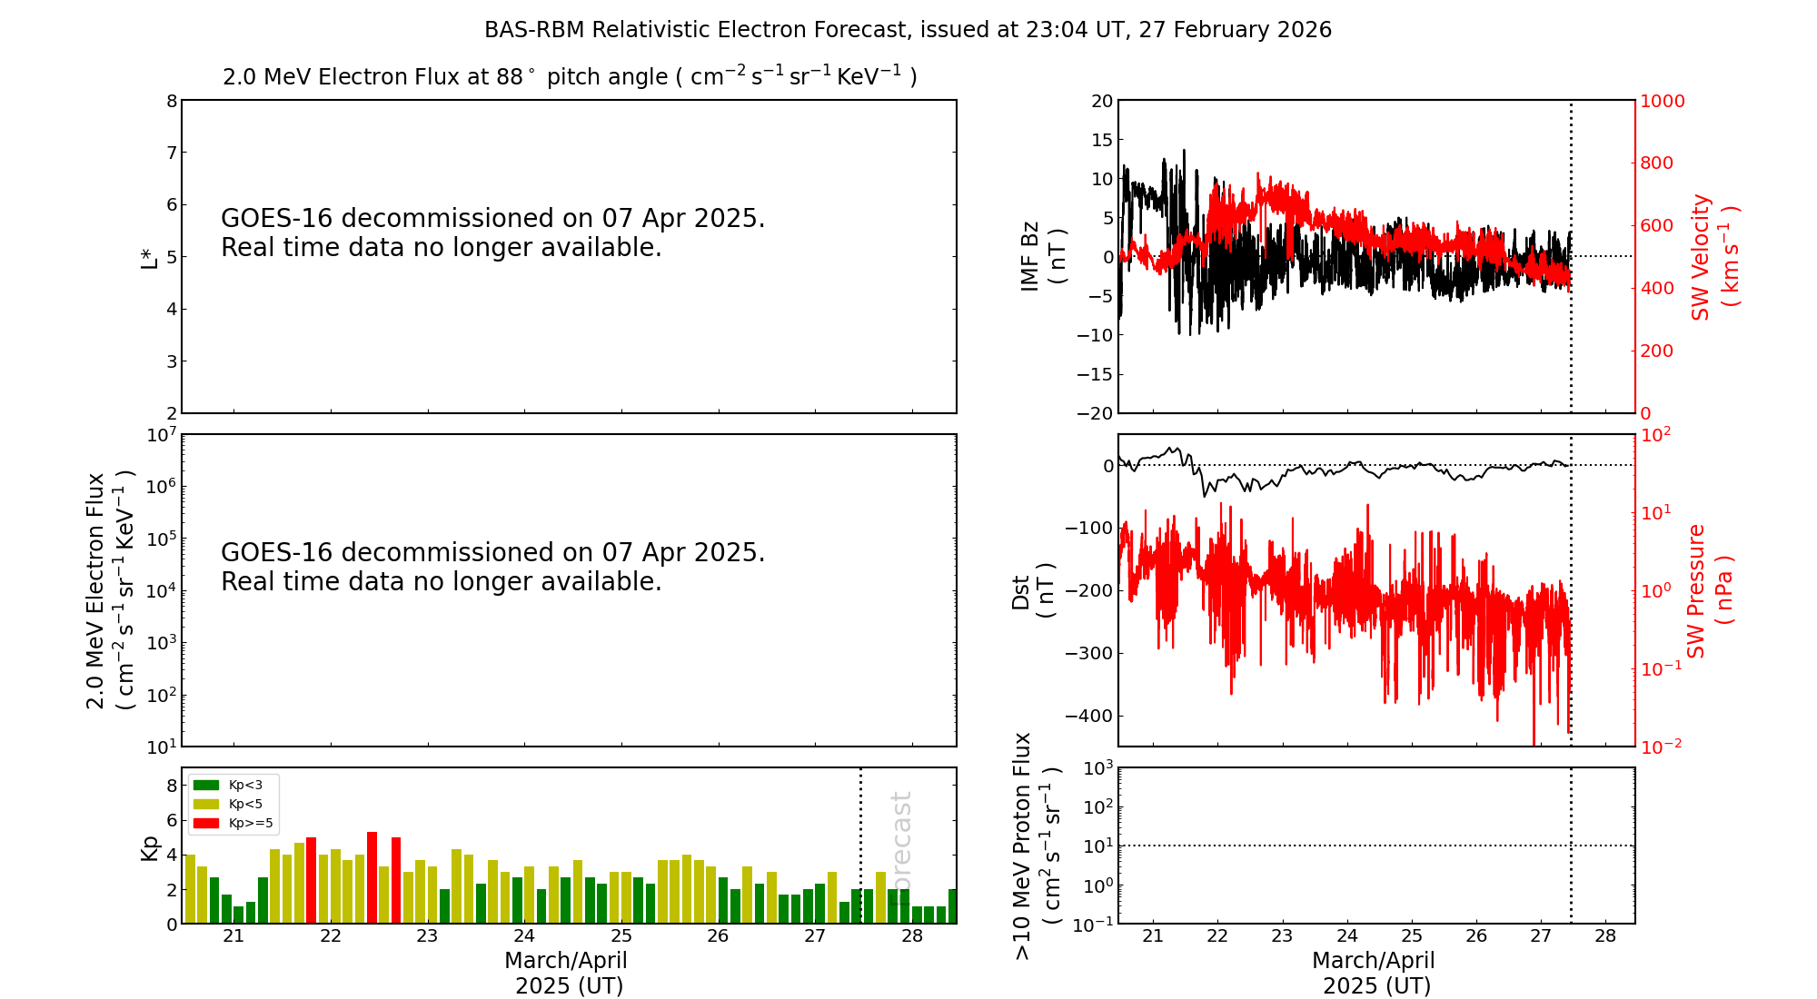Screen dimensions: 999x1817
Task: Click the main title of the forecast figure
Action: pyautogui.click(x=908, y=30)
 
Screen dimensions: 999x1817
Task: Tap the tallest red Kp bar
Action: pyautogui.click(x=372, y=876)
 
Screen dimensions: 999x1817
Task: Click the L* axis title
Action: pyautogui.click(x=149, y=256)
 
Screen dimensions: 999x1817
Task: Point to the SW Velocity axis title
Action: pyautogui.click(x=1713, y=256)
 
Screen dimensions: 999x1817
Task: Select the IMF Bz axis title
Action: pyautogui.click(x=1041, y=256)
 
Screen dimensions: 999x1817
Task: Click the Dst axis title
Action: pyautogui.click(x=1032, y=590)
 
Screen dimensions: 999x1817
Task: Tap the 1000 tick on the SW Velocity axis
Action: pyautogui.click(x=1662, y=101)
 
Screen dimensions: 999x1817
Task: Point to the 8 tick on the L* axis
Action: pyautogui.click(x=171, y=101)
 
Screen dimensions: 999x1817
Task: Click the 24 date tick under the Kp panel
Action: pyautogui.click(x=524, y=936)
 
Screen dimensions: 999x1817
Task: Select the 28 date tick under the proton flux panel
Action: pyautogui.click(x=1605, y=936)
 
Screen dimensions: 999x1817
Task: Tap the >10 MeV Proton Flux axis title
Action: pyautogui.click(x=1036, y=846)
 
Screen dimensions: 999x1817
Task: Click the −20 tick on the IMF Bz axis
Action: pyautogui.click(x=1092, y=413)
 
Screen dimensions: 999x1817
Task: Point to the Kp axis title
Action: pyautogui.click(x=149, y=847)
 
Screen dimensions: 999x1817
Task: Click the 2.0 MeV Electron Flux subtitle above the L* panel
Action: pyautogui.click(x=570, y=77)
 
